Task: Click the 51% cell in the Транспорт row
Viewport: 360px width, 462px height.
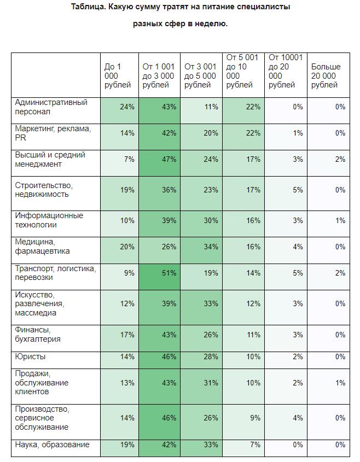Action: (169, 273)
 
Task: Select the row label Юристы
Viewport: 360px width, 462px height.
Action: (31, 356)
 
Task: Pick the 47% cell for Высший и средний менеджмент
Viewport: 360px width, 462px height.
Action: (169, 159)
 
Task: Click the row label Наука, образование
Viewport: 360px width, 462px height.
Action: (53, 445)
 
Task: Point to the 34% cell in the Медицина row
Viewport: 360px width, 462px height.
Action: (211, 247)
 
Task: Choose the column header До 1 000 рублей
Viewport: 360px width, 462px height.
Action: (118, 75)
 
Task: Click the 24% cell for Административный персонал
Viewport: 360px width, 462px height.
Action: (127, 107)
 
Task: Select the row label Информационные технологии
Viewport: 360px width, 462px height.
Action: (49, 220)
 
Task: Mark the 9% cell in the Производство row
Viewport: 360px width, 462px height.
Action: (255, 418)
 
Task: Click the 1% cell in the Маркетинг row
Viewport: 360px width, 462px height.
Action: (297, 133)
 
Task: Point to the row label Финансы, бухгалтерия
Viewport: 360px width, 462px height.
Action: (38, 335)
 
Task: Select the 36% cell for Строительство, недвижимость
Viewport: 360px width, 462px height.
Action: (169, 190)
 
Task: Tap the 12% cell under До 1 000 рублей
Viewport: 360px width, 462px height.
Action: (127, 303)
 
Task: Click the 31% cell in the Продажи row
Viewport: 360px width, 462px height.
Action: (211, 383)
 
